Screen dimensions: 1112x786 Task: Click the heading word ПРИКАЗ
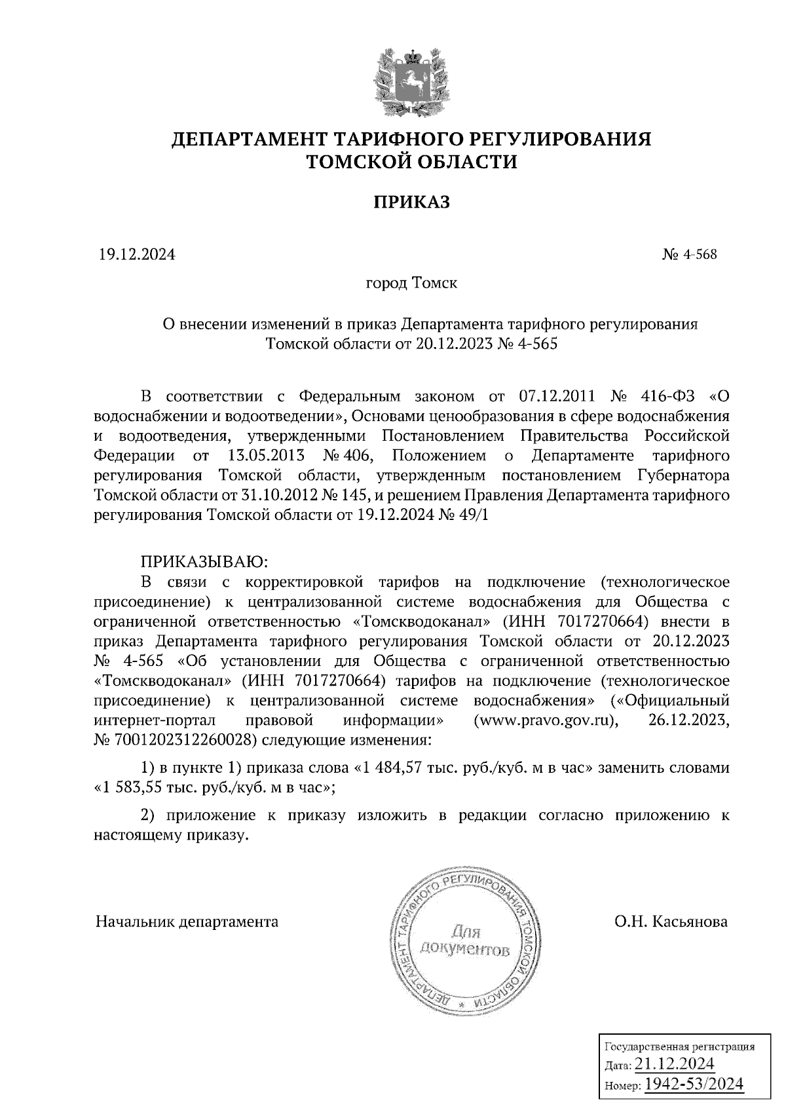(x=411, y=202)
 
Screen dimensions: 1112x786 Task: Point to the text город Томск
(x=411, y=284)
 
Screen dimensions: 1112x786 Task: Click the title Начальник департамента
(x=187, y=922)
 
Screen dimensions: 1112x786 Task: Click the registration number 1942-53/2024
(x=694, y=1085)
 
